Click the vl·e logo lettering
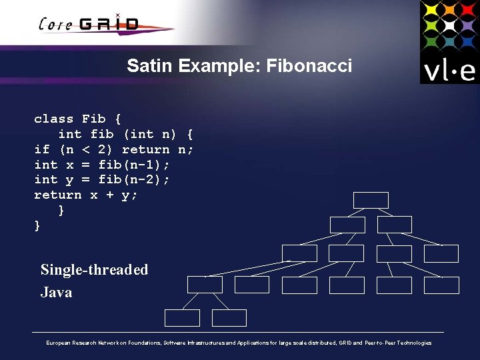(x=449, y=70)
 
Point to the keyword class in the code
(x=54, y=119)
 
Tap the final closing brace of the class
(x=37, y=226)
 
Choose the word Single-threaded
(x=94, y=270)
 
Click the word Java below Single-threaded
(x=56, y=292)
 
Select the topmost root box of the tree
(x=371, y=200)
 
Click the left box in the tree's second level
(x=347, y=225)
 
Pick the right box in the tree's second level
(x=394, y=225)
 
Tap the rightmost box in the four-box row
(x=441, y=253)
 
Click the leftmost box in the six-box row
(x=205, y=285)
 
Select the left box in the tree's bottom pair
(x=182, y=317)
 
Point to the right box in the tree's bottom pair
(x=229, y=317)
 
